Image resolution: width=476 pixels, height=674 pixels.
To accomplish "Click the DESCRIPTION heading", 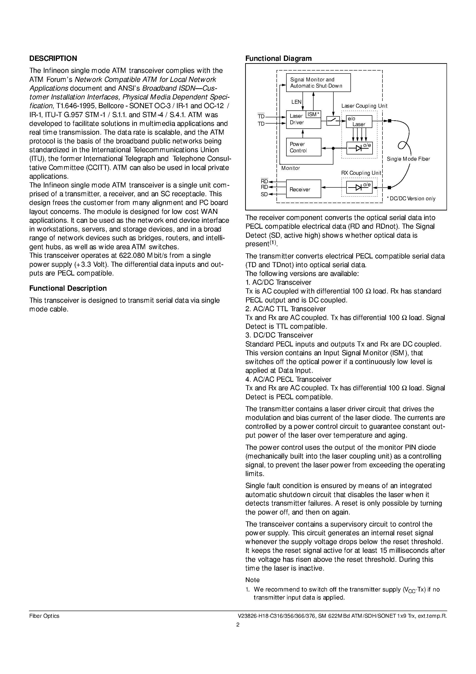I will [53, 58].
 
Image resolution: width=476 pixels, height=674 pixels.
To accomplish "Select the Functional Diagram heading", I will [278, 58].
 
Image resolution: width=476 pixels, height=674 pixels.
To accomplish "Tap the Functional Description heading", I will [68, 288].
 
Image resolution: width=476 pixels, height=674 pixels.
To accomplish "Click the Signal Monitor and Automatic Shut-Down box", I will [318, 83].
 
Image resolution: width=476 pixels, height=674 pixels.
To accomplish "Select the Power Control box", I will [303, 147].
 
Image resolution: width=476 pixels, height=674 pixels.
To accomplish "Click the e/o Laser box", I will [359, 121].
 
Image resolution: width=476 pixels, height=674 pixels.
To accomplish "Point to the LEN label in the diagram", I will [296, 102].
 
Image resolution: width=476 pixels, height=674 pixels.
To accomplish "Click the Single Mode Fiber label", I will [408, 159].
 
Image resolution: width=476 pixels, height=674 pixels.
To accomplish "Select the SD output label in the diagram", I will [264, 194].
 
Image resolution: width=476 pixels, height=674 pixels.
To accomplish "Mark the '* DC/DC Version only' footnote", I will [411, 198].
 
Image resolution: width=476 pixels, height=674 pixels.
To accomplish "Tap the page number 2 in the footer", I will [238, 625].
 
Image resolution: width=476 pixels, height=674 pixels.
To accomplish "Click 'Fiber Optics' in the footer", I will [44, 616].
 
